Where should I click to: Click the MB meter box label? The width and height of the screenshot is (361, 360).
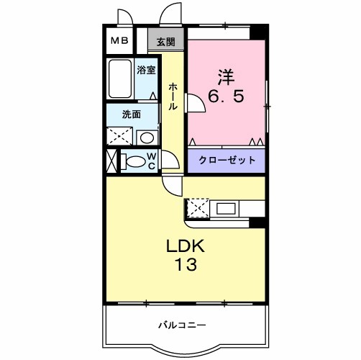point(120,40)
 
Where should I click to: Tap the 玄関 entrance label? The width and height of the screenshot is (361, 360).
point(166,42)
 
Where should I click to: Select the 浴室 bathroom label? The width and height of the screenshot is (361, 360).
point(146,71)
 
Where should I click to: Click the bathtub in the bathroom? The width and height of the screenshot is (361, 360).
point(119,80)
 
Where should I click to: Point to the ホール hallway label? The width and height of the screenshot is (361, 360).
point(173,96)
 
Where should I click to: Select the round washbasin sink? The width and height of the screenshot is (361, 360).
point(146,137)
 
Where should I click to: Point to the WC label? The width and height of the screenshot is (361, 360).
point(152,161)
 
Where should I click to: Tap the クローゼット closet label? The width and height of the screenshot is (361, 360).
point(227,160)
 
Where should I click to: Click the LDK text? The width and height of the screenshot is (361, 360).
point(186,247)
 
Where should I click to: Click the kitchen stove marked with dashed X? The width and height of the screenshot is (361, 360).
point(196,207)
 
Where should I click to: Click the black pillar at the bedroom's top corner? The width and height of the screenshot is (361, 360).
point(258,32)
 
